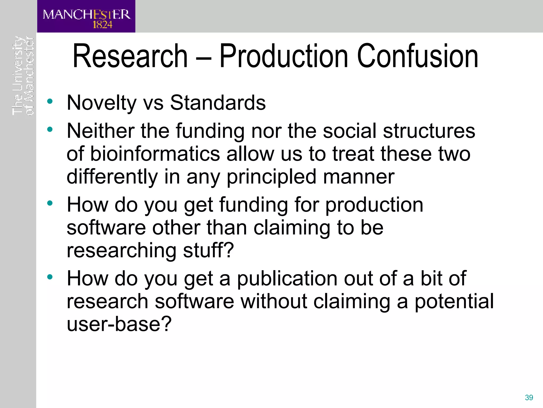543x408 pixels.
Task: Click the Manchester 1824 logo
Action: [86, 16]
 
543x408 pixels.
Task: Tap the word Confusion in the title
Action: [418, 56]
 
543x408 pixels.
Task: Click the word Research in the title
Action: [130, 56]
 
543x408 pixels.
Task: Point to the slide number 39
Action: [529, 397]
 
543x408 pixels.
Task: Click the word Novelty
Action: [102, 103]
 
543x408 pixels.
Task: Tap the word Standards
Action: [218, 103]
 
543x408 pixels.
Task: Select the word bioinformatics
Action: [155, 154]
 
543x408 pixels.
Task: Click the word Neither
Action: [101, 131]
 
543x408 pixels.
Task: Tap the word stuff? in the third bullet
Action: [208, 250]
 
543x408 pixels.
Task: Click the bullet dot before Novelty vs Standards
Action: [50, 101]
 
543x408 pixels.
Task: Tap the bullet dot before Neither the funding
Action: [50, 130]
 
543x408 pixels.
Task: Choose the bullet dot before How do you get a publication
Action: [50, 277]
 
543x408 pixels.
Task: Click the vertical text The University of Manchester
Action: [23, 76]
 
